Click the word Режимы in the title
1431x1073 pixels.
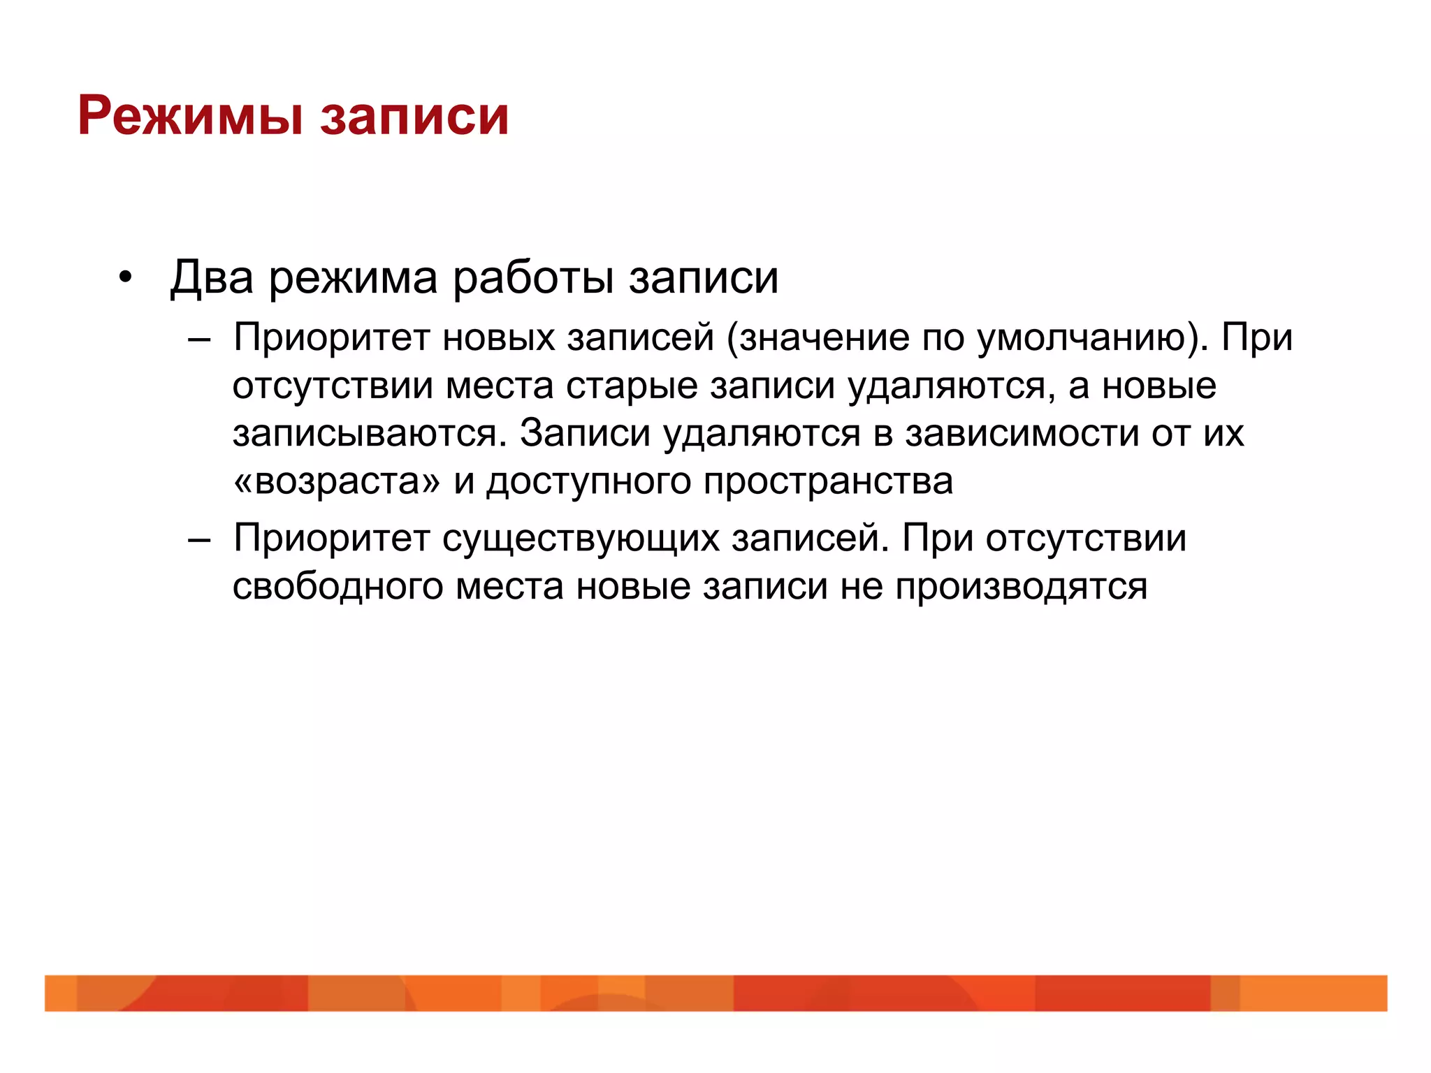point(191,116)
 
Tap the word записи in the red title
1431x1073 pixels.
point(414,116)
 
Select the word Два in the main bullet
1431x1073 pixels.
point(211,277)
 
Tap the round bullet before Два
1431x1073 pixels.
point(125,278)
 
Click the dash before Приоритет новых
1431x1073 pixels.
point(199,340)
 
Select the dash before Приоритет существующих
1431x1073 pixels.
point(199,540)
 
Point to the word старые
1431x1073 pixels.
point(632,386)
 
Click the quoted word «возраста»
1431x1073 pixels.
point(337,481)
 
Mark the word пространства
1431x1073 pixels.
point(828,483)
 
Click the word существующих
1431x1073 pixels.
point(581,539)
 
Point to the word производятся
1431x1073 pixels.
point(1021,587)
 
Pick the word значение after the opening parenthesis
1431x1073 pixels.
point(825,339)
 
